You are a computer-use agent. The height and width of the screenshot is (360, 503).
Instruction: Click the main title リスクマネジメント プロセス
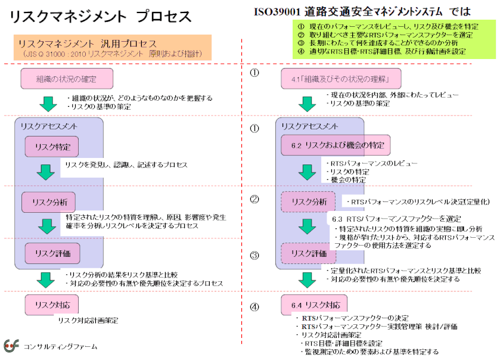coord(102,16)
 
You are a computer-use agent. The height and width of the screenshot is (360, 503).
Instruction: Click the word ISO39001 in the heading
coord(275,11)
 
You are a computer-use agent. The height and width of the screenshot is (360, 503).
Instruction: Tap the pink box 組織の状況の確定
coord(67,79)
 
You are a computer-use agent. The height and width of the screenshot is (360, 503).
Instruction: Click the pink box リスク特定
coord(52,147)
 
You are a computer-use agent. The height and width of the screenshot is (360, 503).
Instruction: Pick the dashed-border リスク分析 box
coord(308,202)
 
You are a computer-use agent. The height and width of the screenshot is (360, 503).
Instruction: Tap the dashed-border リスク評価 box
coord(308,253)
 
